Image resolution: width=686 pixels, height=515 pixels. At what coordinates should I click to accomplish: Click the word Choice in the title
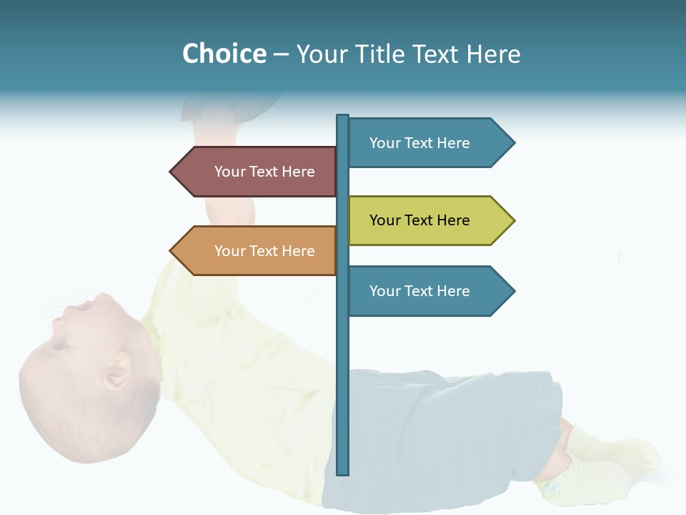coord(224,54)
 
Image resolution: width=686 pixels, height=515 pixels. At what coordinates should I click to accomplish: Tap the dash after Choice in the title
coord(281,54)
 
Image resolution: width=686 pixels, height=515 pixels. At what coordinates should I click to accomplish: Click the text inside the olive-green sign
coord(419,220)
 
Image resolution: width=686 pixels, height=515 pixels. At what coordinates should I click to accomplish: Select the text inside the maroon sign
coord(264,172)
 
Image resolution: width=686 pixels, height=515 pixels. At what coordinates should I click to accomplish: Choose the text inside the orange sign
coord(264,251)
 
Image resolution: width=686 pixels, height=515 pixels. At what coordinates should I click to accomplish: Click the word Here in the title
coord(493,54)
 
